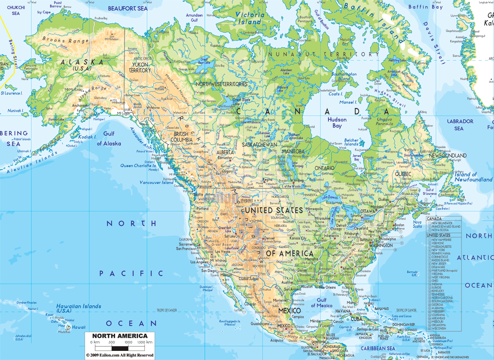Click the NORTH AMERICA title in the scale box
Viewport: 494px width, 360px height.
click(120, 336)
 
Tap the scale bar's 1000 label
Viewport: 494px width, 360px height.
click(128, 342)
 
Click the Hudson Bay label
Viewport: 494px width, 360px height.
click(337, 123)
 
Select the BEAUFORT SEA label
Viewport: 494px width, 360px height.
click(128, 8)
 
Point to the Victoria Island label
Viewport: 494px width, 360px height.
click(250, 18)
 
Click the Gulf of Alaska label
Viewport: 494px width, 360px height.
click(109, 139)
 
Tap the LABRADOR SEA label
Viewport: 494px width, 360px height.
click(460, 125)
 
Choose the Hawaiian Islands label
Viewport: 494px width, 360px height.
click(78, 308)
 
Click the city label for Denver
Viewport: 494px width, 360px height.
click(269, 238)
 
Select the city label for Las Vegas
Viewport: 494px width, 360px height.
click(223, 251)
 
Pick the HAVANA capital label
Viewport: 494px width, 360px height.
click(343, 311)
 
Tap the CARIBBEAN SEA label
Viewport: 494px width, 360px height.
click(377, 348)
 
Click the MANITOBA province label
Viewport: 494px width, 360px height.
click(293, 151)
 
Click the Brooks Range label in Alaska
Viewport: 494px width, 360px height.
click(65, 40)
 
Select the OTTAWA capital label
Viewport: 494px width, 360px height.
click(367, 212)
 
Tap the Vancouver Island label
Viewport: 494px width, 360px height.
click(156, 182)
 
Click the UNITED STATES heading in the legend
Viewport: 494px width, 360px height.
click(438, 235)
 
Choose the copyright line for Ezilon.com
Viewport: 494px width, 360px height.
click(120, 355)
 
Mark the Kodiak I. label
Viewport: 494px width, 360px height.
click(87, 137)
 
